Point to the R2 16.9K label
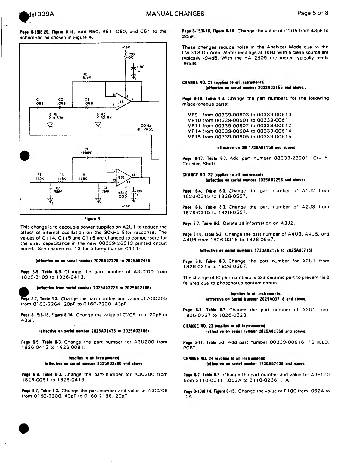86,75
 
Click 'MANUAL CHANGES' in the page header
175,14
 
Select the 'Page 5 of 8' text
312,13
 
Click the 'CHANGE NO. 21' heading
196,82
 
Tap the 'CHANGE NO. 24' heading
196,358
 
